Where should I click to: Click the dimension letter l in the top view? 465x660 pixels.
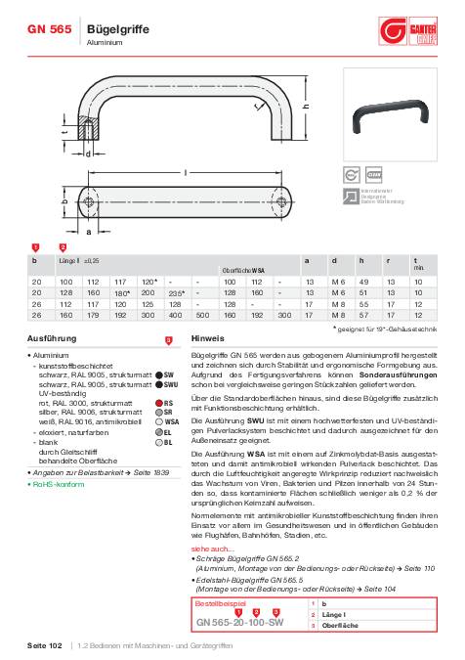(x=186, y=172)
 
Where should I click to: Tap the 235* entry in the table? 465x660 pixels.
(x=177, y=292)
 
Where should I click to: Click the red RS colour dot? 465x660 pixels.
(x=157, y=402)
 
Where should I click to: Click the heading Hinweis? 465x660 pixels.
(x=208, y=337)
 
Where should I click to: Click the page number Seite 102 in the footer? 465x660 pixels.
(x=43, y=647)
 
